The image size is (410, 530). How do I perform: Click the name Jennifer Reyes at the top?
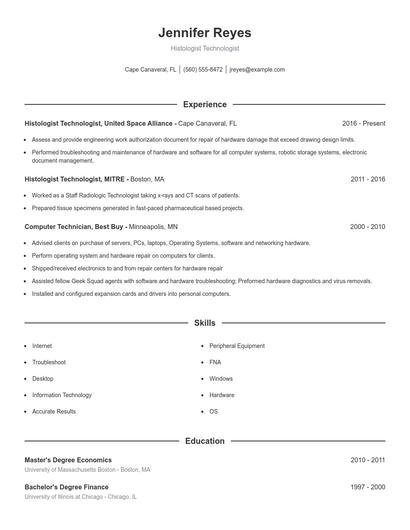[204, 33]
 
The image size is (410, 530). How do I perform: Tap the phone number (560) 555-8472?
[203, 70]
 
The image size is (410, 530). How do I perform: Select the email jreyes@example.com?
[257, 70]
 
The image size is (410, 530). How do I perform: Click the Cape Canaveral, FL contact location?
[150, 70]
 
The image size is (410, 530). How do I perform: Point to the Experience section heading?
[204, 104]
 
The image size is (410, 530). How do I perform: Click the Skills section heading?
[204, 324]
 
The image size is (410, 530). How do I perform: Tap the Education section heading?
[204, 440]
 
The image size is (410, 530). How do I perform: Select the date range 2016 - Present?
[363, 123]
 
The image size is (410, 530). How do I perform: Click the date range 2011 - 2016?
[368, 178]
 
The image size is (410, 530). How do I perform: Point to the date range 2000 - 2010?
[368, 227]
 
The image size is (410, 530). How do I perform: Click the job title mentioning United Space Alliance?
[99, 123]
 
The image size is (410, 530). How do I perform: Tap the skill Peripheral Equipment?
[237, 346]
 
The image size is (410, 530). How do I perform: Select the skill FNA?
[215, 362]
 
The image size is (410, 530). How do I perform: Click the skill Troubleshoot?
[49, 362]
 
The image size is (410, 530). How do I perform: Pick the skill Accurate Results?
[54, 411]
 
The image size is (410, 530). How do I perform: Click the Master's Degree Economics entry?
[68, 460]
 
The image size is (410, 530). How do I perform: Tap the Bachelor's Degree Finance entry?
[66, 486]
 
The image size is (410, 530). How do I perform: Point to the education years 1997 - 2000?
[368, 486]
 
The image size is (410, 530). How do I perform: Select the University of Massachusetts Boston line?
[87, 469]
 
